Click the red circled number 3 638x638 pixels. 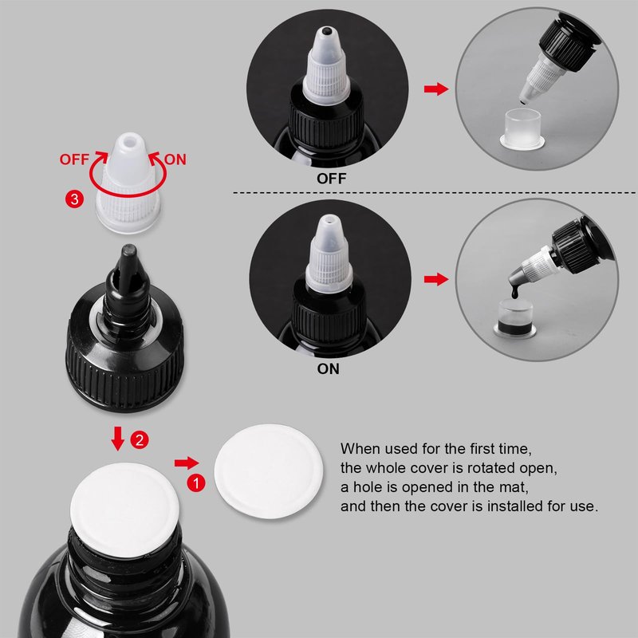pyautogui.click(x=74, y=199)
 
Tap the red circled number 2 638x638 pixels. pyautogui.click(x=140, y=440)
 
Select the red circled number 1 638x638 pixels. pyautogui.click(x=196, y=483)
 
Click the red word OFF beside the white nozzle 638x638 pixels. pyautogui.click(x=74, y=159)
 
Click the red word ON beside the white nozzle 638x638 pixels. pyautogui.click(x=175, y=159)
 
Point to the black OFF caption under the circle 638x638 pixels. pyautogui.click(x=332, y=179)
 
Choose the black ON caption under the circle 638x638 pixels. pyautogui.click(x=329, y=369)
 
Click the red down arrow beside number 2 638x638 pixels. pyautogui.click(x=118, y=438)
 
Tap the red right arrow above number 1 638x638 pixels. pyautogui.click(x=187, y=463)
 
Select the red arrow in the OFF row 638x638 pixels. pyautogui.click(x=436, y=89)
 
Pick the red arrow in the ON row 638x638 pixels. pyautogui.click(x=436, y=279)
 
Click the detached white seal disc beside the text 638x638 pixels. pyautogui.click(x=269, y=471)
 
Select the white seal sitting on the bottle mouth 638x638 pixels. pyautogui.click(x=124, y=510)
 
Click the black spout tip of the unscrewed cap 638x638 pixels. pyautogui.click(x=129, y=252)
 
